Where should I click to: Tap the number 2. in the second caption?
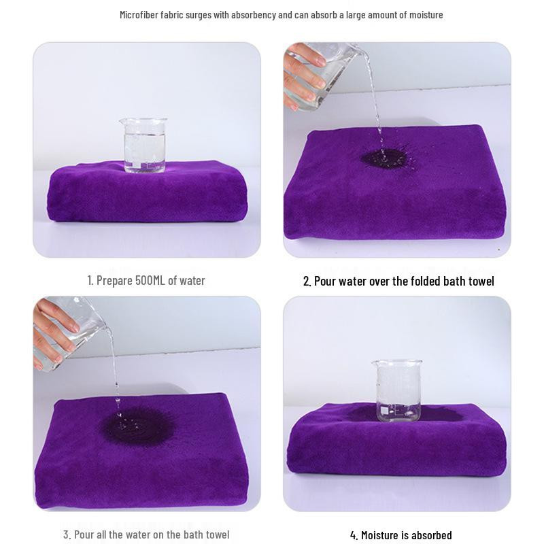(307, 281)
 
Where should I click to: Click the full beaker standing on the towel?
(144, 145)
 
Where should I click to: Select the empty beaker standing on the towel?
(398, 390)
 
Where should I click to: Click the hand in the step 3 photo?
(54, 330)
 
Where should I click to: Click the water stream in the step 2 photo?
(375, 104)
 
